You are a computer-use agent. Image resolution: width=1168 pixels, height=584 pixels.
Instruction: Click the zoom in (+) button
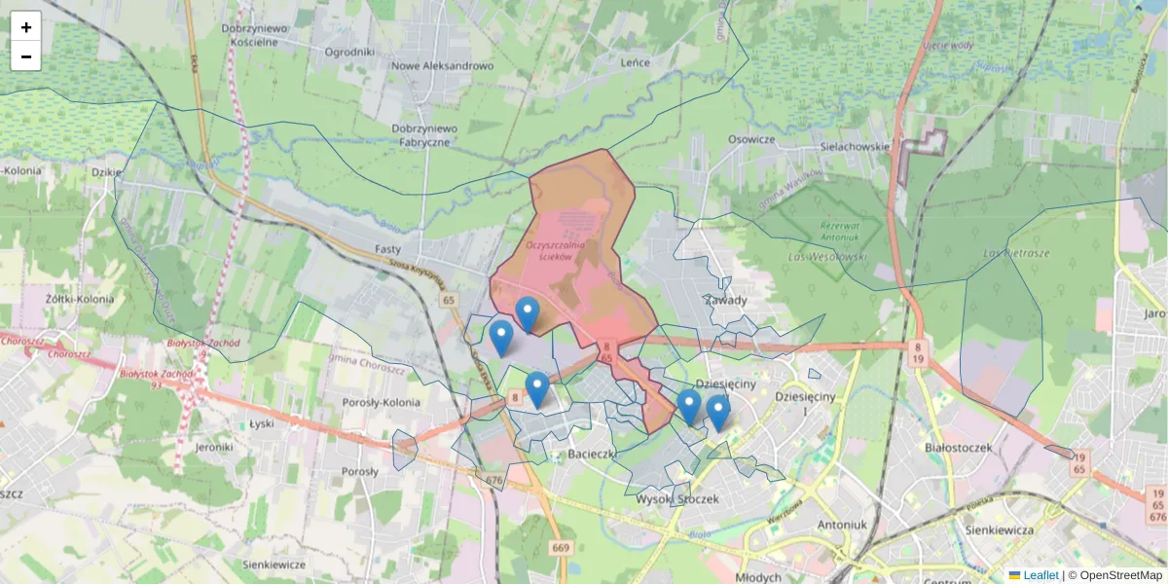click(26, 27)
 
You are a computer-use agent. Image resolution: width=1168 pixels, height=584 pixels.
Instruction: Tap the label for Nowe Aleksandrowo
click(442, 66)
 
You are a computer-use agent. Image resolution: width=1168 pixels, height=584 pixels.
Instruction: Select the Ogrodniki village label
click(349, 52)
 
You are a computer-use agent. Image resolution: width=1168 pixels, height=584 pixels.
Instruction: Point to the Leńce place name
click(635, 62)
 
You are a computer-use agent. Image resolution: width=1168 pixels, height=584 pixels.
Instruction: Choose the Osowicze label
click(750, 139)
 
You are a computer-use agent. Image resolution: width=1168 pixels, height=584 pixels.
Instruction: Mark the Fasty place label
click(388, 249)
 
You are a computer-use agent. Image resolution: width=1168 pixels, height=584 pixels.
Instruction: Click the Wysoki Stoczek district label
click(676, 499)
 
